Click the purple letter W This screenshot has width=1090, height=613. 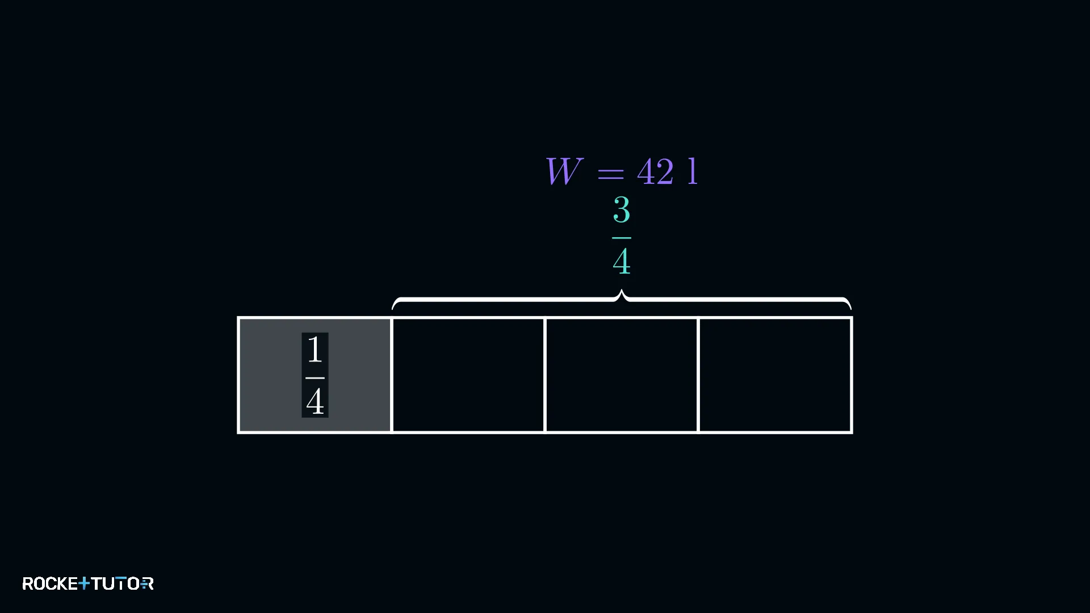pyautogui.click(x=564, y=171)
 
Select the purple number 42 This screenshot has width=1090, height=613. pyautogui.click(x=656, y=171)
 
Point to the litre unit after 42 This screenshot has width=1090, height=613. pyautogui.click(x=693, y=171)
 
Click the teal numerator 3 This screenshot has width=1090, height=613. pyautogui.click(x=622, y=210)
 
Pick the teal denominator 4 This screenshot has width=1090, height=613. pyautogui.click(x=622, y=261)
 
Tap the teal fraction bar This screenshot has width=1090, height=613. pyautogui.click(x=622, y=238)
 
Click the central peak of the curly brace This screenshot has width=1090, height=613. pyautogui.click(x=622, y=292)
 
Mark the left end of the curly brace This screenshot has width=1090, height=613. pyautogui.click(x=393, y=309)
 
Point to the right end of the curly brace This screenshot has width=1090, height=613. pyautogui.click(x=850, y=309)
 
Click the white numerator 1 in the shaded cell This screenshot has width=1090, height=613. pyautogui.click(x=315, y=349)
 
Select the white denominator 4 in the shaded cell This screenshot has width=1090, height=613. pyautogui.click(x=315, y=401)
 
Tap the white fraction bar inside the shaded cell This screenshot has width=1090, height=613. pyautogui.click(x=315, y=377)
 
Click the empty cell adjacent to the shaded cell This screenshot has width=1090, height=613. pyautogui.click(x=468, y=375)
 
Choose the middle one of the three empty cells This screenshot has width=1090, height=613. pyautogui.click(x=622, y=375)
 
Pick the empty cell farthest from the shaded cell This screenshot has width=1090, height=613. pyautogui.click(x=775, y=375)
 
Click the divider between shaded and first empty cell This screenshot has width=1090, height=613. pyautogui.click(x=392, y=375)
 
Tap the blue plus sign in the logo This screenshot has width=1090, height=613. pyautogui.click(x=84, y=583)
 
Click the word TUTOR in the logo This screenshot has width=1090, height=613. pyautogui.click(x=123, y=583)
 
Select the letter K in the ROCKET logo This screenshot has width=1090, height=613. pyautogui.click(x=62, y=583)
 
